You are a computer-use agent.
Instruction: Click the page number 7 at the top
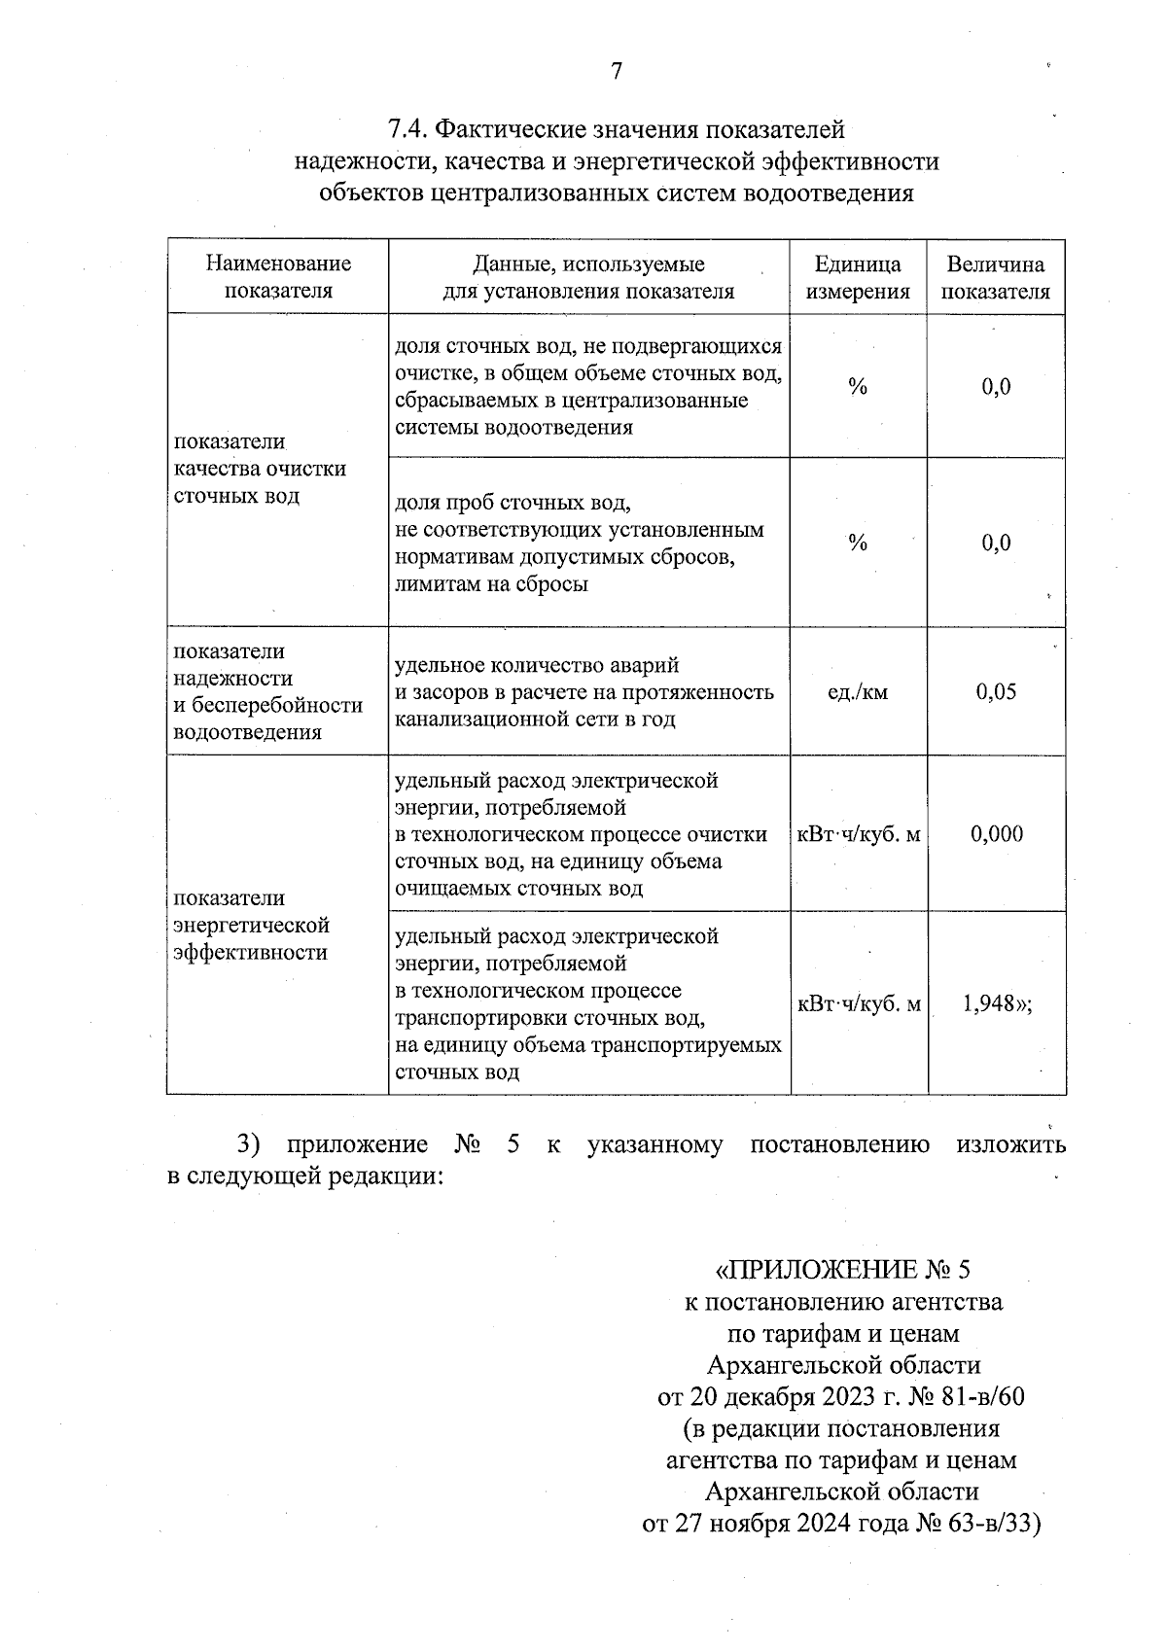pos(616,71)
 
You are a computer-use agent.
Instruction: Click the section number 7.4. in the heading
pos(407,129)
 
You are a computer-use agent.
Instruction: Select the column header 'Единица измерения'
pos(857,278)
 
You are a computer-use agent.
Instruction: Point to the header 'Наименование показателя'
pos(278,277)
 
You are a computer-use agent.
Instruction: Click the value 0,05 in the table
pos(996,692)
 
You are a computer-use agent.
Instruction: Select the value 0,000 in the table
pos(996,834)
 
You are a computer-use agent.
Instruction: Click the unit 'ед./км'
pos(857,692)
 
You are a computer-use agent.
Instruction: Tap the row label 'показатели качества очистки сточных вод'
pos(260,469)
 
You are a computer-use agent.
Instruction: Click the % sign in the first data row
pos(857,387)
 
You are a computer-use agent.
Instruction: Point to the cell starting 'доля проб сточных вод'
pos(579,544)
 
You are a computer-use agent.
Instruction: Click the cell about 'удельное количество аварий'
pos(583,692)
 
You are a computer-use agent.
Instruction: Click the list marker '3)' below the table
pos(252,1144)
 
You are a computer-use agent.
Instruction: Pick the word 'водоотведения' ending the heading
pos(828,193)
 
